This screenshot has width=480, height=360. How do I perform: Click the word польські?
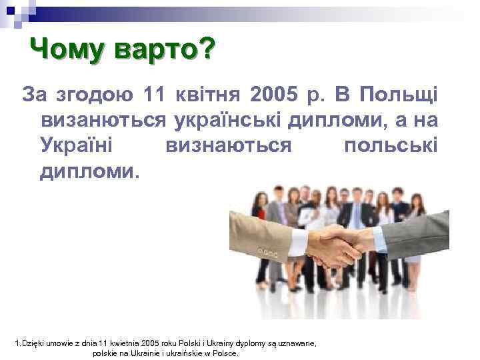pos(391,145)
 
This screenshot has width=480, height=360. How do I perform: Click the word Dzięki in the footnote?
pos(34,343)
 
